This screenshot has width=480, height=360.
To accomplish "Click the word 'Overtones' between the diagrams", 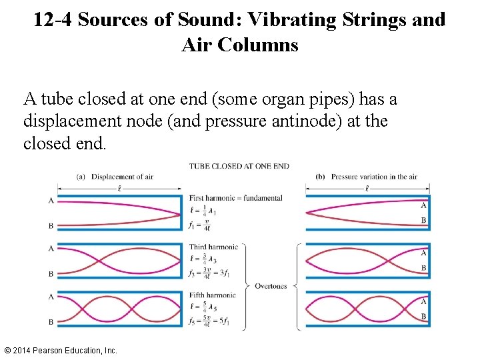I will click(271, 286).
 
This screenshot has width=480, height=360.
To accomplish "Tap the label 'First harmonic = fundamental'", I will click(226, 198).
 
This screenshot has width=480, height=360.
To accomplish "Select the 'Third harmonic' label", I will click(213, 247).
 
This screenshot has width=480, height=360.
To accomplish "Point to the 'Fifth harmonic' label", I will click(212, 295).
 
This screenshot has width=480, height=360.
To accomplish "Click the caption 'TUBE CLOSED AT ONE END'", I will click(239, 166).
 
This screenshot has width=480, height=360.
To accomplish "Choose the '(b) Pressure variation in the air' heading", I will click(365, 177).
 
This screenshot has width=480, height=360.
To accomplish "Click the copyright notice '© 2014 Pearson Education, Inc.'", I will click(60, 350).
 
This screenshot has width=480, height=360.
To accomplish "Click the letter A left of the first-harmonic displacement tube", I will click(51, 201).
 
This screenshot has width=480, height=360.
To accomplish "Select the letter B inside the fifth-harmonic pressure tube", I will click(423, 316).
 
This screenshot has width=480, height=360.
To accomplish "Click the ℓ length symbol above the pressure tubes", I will click(367, 189).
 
